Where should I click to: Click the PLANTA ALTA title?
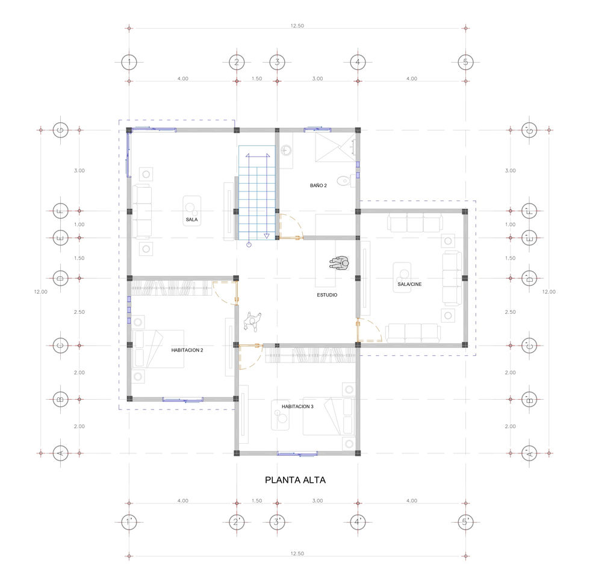pyautogui.click(x=295, y=480)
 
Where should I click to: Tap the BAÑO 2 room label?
pyautogui.click(x=318, y=185)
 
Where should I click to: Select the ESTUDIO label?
pyautogui.click(x=327, y=295)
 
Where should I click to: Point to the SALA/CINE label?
pyautogui.click(x=409, y=284)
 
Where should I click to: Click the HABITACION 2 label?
pyautogui.click(x=187, y=350)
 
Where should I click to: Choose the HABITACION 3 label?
pyautogui.click(x=297, y=406)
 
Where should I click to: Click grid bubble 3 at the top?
pyautogui.click(x=278, y=62)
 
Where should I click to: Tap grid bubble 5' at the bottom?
pyautogui.click(x=465, y=522)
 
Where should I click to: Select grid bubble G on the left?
pyautogui.click(x=61, y=130)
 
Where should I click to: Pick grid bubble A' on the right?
pyautogui.click(x=529, y=453)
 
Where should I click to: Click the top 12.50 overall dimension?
pyautogui.click(x=297, y=25)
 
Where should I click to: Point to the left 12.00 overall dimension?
pyautogui.click(x=41, y=291)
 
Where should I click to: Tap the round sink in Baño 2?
pyautogui.click(x=286, y=151)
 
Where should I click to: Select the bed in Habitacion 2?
pyautogui.click(x=158, y=349)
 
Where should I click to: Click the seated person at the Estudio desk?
pyautogui.click(x=340, y=264)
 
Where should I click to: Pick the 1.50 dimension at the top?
pyautogui.click(x=257, y=79)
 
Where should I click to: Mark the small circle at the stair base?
pyautogui.click(x=249, y=245)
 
